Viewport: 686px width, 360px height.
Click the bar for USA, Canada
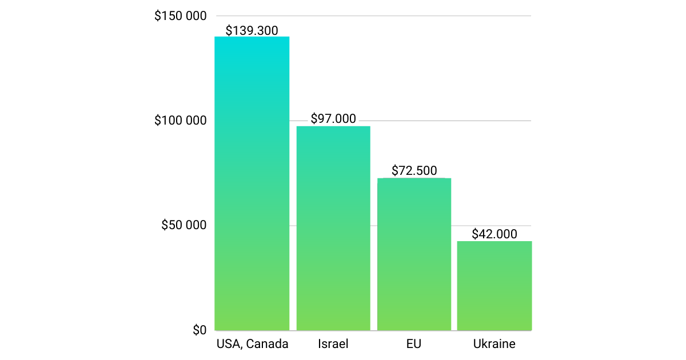pos(252,183)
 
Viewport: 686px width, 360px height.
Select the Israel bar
pos(333,228)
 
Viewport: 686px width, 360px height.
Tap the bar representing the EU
pos(414,254)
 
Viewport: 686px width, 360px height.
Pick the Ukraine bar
pos(494,286)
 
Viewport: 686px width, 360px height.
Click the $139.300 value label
pos(252,30)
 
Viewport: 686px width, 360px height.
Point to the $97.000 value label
pos(333,119)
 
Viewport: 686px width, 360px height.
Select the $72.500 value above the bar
pos(414,170)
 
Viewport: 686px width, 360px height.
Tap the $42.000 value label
pos(494,234)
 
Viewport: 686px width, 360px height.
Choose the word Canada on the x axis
pos(267,344)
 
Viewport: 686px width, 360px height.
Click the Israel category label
pos(333,344)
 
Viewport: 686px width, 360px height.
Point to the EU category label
pos(414,344)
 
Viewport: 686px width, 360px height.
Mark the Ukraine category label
pos(494,344)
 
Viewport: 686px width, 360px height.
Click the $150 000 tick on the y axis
pos(180,16)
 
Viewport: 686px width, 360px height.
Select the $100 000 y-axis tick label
pos(180,121)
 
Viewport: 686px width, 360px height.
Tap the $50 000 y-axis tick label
pos(184,225)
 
